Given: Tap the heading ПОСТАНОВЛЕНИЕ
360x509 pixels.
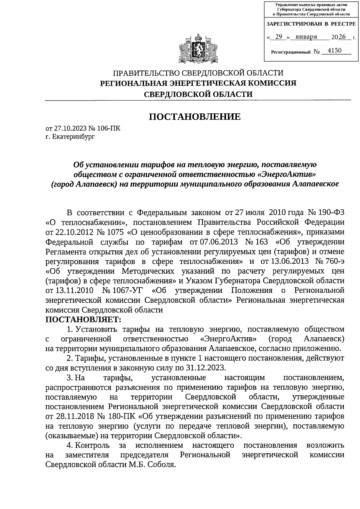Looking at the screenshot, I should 195,117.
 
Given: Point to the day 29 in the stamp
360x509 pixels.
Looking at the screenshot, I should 278,37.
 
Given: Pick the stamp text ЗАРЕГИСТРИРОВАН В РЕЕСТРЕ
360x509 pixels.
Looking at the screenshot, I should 311,24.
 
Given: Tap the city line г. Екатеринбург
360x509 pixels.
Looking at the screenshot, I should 70,137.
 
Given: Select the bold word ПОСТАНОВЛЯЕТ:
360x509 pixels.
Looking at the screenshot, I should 83,319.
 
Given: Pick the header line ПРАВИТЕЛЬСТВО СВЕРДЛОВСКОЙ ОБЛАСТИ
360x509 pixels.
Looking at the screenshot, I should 198,73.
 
